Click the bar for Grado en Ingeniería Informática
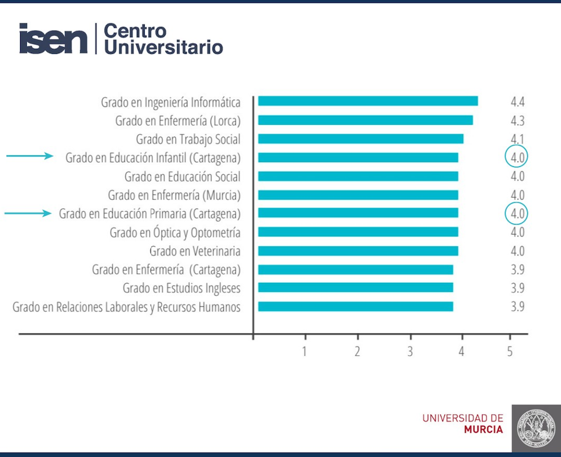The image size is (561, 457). point(368,101)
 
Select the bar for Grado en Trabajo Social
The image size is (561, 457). point(361,139)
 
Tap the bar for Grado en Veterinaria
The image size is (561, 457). point(358,251)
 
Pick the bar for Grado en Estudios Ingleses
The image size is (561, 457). point(356,288)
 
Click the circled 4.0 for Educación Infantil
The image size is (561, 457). point(517,157)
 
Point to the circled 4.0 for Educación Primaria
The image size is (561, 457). point(517,213)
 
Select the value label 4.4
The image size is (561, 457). point(517,102)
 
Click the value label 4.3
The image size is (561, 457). point(517,120)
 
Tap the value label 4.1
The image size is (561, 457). point(517,139)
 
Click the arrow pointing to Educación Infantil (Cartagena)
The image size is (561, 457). point(29,157)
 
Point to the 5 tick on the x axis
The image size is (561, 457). point(510,352)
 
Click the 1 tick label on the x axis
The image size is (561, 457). point(305,352)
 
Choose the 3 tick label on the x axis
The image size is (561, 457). point(411,352)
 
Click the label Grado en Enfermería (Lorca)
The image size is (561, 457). point(178,121)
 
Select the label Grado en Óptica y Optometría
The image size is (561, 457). point(175,232)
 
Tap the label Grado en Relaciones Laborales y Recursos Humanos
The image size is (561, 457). point(126,307)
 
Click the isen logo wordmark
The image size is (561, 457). point(54,39)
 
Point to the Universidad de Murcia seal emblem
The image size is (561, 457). point(535,427)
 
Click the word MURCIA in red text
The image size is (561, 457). point(484,430)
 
